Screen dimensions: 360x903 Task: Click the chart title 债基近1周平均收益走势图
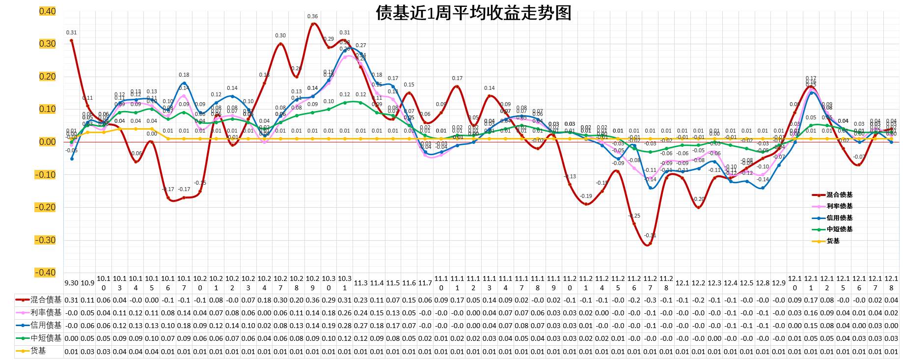(x=473, y=13)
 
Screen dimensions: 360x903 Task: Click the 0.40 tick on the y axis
(x=48, y=11)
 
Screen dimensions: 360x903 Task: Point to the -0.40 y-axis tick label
(x=45, y=273)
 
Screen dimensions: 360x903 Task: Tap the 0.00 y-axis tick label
(x=48, y=142)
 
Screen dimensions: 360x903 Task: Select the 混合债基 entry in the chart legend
(x=839, y=195)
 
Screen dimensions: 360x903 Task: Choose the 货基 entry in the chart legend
(x=833, y=241)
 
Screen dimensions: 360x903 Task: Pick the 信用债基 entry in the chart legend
(x=839, y=218)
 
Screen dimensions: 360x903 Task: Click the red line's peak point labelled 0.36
(x=313, y=24)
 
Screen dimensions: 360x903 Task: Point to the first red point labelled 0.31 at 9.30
(x=72, y=41)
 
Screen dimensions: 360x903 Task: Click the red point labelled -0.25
(x=634, y=224)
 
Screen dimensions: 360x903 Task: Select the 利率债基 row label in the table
(x=46, y=313)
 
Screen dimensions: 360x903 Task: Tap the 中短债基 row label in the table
(x=46, y=338)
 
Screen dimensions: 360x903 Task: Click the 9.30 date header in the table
(x=72, y=283)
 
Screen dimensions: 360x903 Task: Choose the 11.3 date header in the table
(x=361, y=283)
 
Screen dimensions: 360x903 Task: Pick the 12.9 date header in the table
(x=779, y=283)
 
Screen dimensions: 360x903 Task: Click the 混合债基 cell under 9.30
(x=72, y=300)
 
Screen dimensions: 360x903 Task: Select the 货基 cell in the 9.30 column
(x=72, y=352)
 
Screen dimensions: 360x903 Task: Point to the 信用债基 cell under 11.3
(x=361, y=326)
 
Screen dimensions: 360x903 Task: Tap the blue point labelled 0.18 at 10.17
(x=184, y=83)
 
